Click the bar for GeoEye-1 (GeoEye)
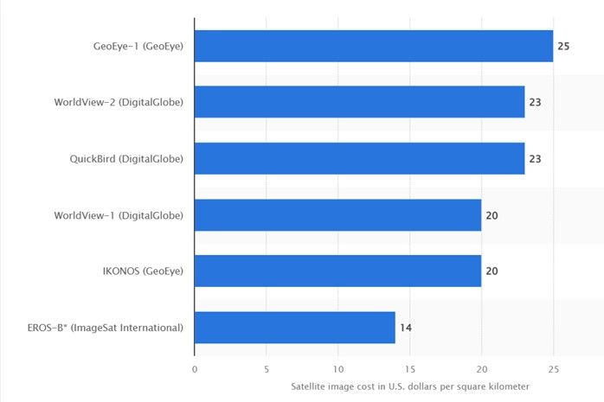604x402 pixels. (x=374, y=46)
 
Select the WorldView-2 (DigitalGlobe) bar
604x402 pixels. (x=359, y=102)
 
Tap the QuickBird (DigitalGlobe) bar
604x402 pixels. (x=359, y=158)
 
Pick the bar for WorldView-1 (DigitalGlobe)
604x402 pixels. (x=337, y=214)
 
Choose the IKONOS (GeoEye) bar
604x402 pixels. (x=337, y=271)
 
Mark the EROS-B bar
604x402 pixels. (x=295, y=327)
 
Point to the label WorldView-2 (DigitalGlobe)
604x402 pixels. (x=119, y=102)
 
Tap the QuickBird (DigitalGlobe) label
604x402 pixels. (x=126, y=158)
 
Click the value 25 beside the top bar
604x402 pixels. (x=563, y=46)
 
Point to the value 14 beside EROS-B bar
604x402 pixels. (x=406, y=328)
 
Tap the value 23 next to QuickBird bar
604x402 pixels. (x=535, y=158)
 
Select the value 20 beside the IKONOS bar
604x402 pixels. (x=492, y=271)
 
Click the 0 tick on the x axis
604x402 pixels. (x=195, y=367)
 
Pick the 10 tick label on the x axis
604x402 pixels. (x=337, y=367)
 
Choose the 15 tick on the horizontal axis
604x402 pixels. (x=409, y=367)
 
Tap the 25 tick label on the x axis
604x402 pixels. (x=553, y=367)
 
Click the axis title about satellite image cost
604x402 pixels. (x=409, y=386)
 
